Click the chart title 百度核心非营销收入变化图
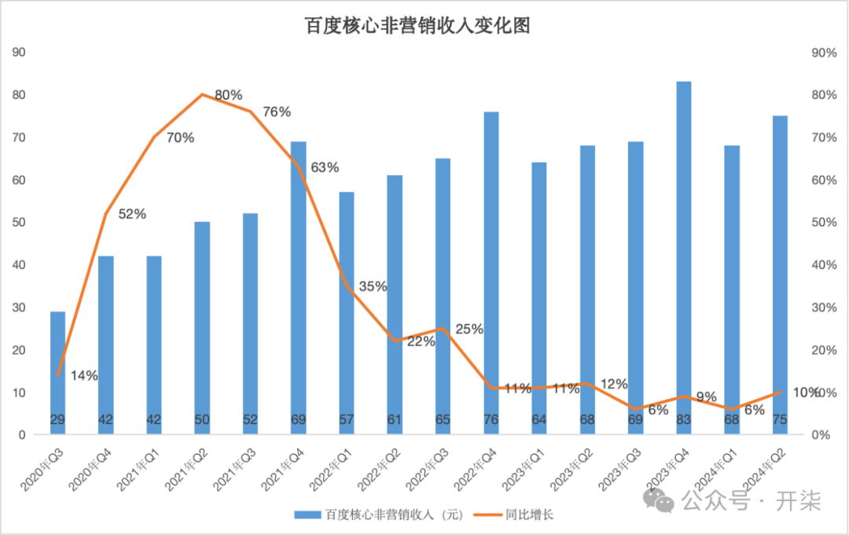pos(417,25)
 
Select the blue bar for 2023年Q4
pos(684,257)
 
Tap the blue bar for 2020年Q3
pos(58,373)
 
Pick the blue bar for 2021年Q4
pos(299,288)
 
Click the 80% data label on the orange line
pos(229,95)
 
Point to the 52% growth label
pos(132,214)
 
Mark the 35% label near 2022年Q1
pos(373,286)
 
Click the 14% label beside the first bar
pos(84,375)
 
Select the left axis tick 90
pos(19,52)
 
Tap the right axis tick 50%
pos(824,222)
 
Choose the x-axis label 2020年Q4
pos(90,470)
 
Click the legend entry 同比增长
pos(514,515)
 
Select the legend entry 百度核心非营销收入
pos(378,515)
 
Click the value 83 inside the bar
pos(684,419)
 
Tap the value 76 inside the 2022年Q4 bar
pos(491,419)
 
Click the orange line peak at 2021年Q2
pos(202,94)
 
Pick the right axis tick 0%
pos(821,435)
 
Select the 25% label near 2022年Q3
pos(469,329)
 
